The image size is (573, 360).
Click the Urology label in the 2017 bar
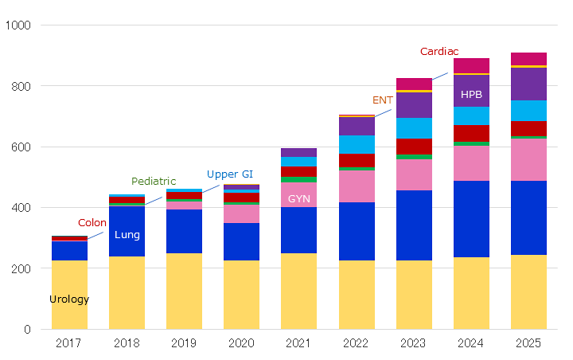pos(69,299)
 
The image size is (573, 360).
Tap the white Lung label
pos(127,235)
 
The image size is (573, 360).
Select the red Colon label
pos(92,223)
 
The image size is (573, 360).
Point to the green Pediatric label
pos(154,182)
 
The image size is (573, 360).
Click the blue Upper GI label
pos(230,174)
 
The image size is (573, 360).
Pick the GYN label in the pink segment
pos(299,198)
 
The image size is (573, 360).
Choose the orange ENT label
pos(383,100)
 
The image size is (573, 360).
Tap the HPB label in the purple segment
pos(471,95)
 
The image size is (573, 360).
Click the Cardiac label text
pos(439,52)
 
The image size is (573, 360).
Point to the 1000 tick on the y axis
pos(18,25)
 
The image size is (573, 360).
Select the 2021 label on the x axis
pos(298,343)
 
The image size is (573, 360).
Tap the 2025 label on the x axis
pos(528,343)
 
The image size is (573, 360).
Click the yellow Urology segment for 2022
pos(357,295)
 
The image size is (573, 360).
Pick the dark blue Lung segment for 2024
pos(471,219)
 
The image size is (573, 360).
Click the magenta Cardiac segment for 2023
pos(414,84)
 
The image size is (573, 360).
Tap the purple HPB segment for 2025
pos(528,84)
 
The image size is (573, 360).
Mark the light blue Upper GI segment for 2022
pos(357,144)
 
